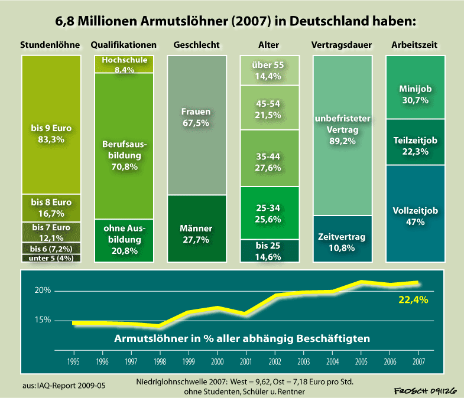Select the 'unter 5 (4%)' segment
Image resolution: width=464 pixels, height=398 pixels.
(x=51, y=258)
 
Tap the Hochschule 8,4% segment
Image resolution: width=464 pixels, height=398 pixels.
(x=124, y=64)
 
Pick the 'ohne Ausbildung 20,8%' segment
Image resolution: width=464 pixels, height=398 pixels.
(x=124, y=240)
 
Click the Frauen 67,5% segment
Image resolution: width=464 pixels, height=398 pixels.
(x=196, y=124)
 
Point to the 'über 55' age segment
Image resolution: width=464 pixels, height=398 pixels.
(x=269, y=70)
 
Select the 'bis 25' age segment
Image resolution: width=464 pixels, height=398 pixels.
(x=269, y=250)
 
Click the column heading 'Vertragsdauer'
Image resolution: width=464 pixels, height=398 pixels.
(x=342, y=45)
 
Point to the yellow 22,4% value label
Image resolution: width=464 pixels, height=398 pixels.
(x=413, y=299)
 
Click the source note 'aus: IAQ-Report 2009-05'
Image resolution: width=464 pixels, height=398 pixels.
(x=64, y=386)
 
